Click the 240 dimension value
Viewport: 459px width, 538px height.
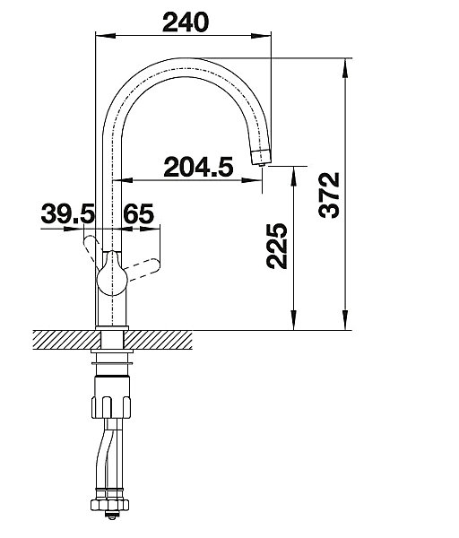tap(186, 22)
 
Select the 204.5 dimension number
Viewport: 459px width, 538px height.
tap(198, 167)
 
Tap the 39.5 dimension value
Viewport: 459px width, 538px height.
tap(67, 213)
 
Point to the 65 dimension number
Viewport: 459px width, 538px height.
tap(139, 213)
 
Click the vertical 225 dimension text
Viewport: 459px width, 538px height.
tap(276, 246)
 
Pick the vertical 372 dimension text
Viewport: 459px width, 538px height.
tap(329, 195)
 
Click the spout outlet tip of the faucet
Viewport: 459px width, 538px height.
tap(262, 165)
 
